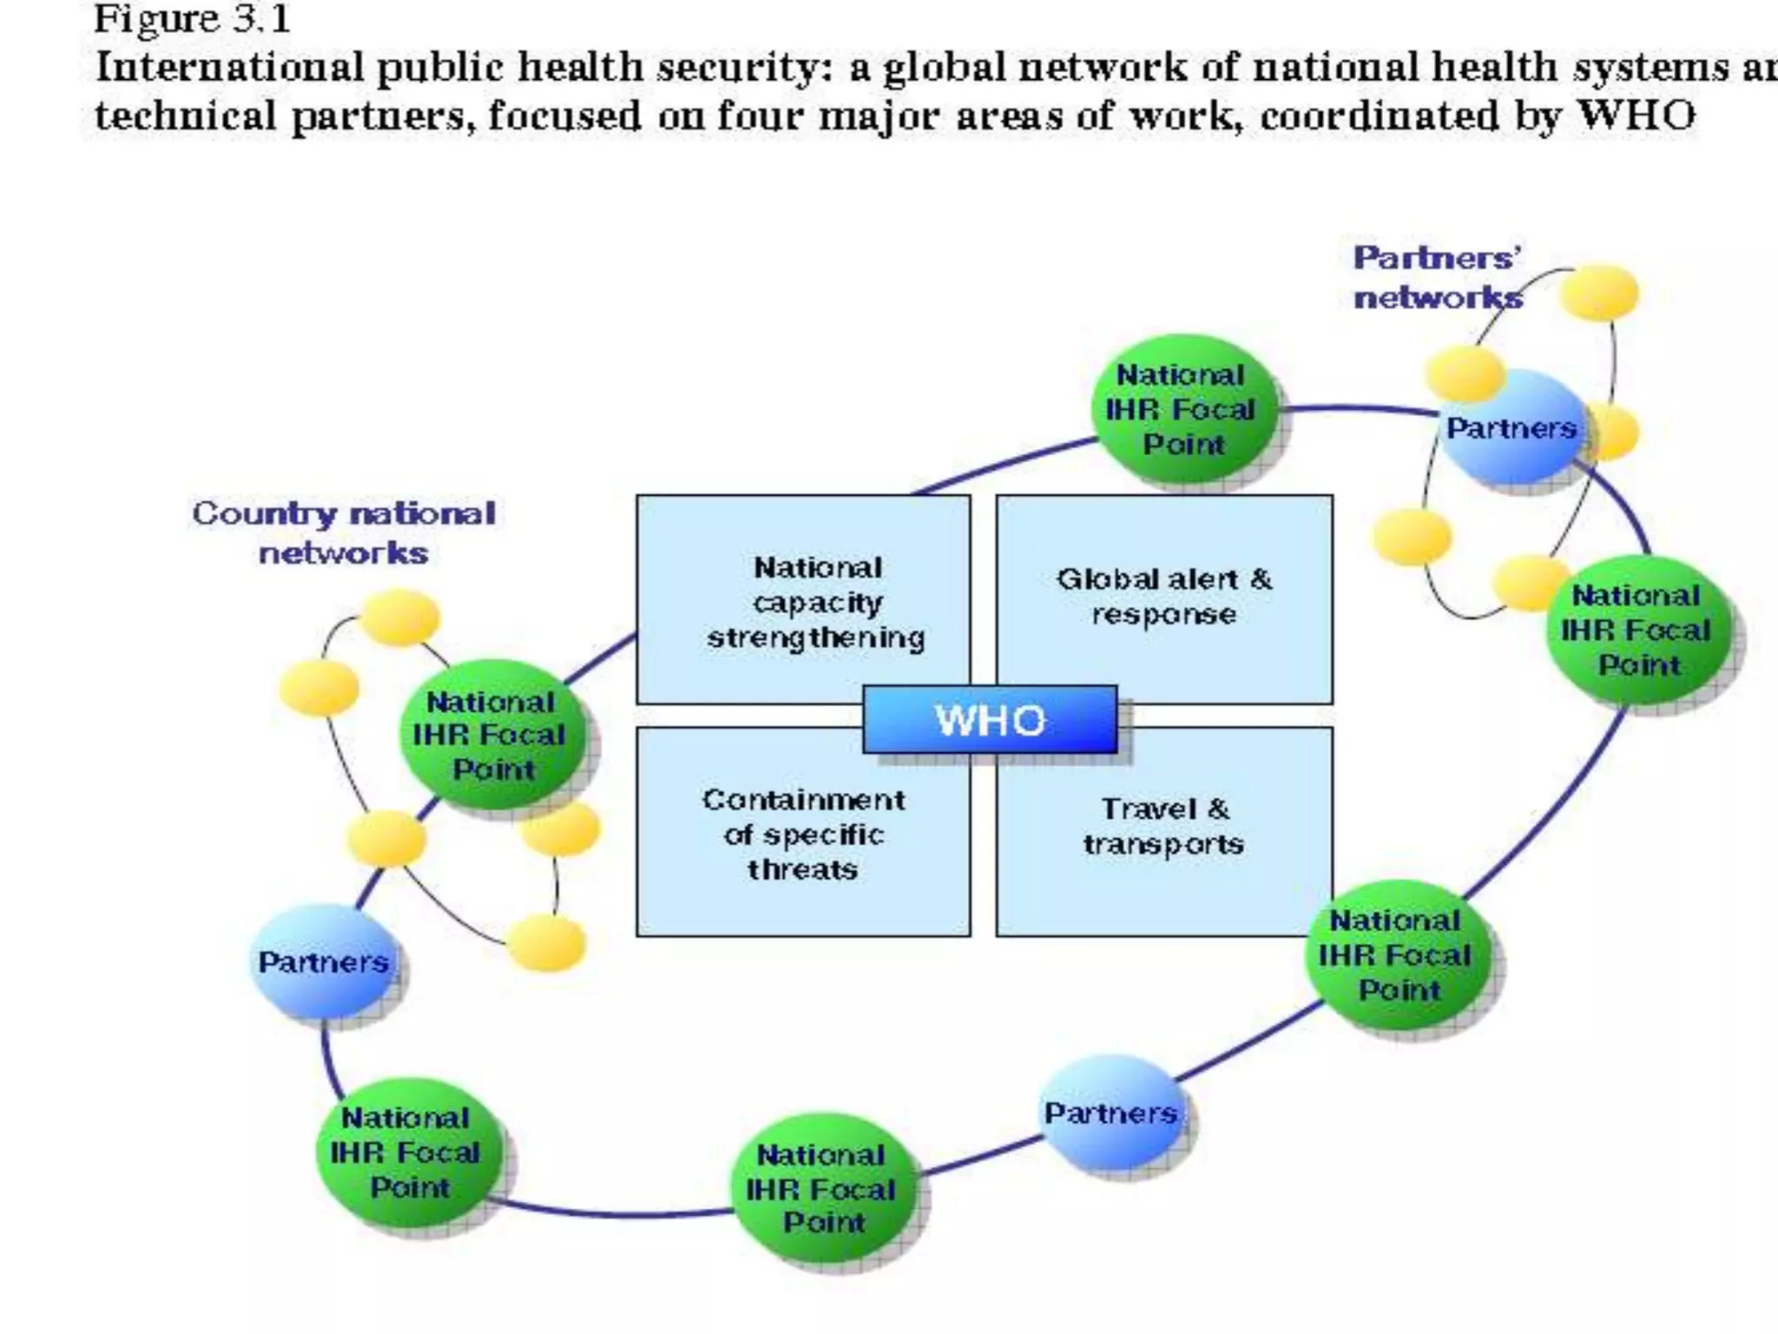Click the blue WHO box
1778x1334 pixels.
click(990, 719)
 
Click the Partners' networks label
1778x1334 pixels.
click(1438, 277)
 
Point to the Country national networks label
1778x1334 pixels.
click(344, 532)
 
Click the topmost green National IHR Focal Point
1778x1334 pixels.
click(1184, 409)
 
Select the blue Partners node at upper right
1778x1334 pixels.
click(1511, 428)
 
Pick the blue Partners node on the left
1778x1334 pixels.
click(323, 961)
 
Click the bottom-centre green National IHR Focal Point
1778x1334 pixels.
click(823, 1188)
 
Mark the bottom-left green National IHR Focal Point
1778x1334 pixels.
click(408, 1152)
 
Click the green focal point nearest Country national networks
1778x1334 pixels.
click(491, 735)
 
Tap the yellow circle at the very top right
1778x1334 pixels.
click(1598, 293)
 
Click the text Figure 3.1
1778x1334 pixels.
click(192, 19)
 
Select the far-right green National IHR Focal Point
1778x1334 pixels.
click(1638, 630)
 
